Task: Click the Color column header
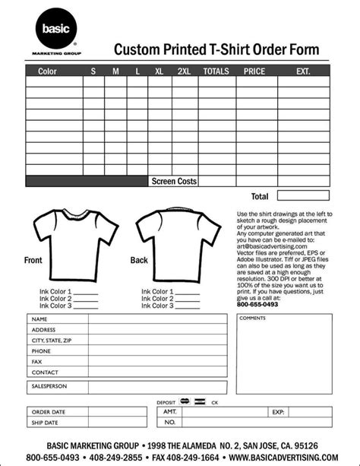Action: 47,71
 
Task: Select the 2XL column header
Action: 184,71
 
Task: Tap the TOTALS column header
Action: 216,71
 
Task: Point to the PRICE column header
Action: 254,71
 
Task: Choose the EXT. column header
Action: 303,71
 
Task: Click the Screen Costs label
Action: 174,182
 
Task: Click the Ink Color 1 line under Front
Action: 85,292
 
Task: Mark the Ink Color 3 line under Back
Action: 187,306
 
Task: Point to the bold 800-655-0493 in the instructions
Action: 258,305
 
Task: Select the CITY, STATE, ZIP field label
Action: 52,341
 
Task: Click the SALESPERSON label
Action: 50,386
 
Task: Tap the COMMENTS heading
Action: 252,318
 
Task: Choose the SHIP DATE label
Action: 44,423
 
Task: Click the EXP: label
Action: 277,411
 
